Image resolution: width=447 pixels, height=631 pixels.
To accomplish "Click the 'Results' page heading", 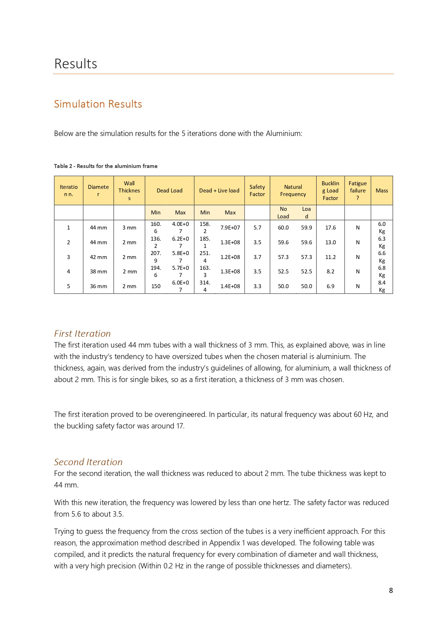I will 76,64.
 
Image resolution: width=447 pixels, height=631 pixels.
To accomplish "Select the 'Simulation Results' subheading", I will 98,104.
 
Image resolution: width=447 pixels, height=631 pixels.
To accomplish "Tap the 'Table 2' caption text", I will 106,166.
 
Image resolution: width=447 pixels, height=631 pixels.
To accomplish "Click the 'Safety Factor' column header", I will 257,191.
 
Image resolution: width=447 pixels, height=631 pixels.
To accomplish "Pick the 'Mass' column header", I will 382,191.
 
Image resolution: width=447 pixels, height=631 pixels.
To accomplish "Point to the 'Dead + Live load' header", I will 219,191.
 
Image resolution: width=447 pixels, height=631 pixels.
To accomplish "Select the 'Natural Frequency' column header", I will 293,191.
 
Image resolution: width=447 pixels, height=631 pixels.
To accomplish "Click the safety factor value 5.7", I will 257,228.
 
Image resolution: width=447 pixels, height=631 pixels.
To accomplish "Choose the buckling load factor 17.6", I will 330,228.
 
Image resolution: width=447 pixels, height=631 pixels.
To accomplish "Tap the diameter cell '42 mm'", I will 98,257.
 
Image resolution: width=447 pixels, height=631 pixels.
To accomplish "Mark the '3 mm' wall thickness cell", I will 129,228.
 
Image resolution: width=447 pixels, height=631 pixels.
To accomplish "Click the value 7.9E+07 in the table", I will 230,228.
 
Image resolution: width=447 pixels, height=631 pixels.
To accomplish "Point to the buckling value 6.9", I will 330,286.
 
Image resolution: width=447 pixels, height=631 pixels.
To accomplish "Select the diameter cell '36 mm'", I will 98,286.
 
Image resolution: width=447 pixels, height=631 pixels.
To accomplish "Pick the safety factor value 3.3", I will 257,286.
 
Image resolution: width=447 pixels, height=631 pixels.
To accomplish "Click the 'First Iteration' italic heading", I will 82,333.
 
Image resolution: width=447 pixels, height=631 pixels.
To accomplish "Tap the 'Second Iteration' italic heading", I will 88,462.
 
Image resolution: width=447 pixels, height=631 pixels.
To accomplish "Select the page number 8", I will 391,590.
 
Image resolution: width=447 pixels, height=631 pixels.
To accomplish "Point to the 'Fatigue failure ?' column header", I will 358,191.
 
